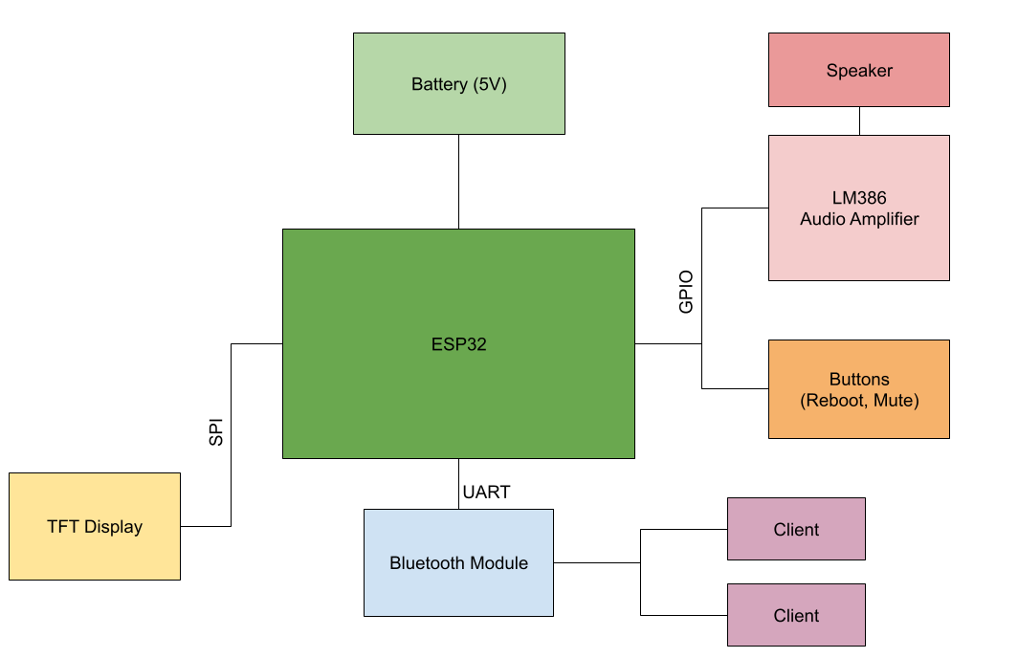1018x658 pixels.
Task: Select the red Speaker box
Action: (x=858, y=70)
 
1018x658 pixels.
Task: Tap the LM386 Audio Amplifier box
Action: (x=858, y=208)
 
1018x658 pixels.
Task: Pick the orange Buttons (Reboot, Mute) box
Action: (x=858, y=389)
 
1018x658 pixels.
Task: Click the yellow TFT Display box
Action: (x=95, y=526)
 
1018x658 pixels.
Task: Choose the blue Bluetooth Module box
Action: (x=458, y=562)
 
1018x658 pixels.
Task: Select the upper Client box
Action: (x=796, y=529)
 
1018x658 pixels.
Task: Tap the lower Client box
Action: (x=796, y=615)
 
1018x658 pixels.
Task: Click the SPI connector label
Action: (x=216, y=431)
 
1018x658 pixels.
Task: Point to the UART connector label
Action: (x=486, y=493)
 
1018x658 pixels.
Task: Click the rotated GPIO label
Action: (x=686, y=293)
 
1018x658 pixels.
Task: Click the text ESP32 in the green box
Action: (x=458, y=344)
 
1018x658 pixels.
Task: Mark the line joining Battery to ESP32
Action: (x=458, y=182)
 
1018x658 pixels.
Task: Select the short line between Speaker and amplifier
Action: (x=858, y=121)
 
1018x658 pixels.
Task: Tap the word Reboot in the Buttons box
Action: (x=835, y=401)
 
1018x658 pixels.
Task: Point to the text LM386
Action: (x=858, y=198)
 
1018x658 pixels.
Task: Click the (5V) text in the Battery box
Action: (x=490, y=84)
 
